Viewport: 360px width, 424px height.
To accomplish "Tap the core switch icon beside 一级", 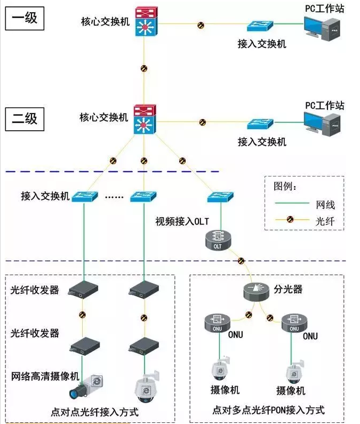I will click(143, 23).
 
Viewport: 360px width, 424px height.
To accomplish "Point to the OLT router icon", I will click(218, 240).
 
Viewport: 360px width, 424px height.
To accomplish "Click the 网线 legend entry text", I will click(325, 204).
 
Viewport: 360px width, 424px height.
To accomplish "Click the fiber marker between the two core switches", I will click(143, 68).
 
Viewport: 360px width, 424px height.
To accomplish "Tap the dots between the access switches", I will click(114, 197).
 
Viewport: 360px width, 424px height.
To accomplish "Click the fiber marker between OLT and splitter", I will click(241, 261).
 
